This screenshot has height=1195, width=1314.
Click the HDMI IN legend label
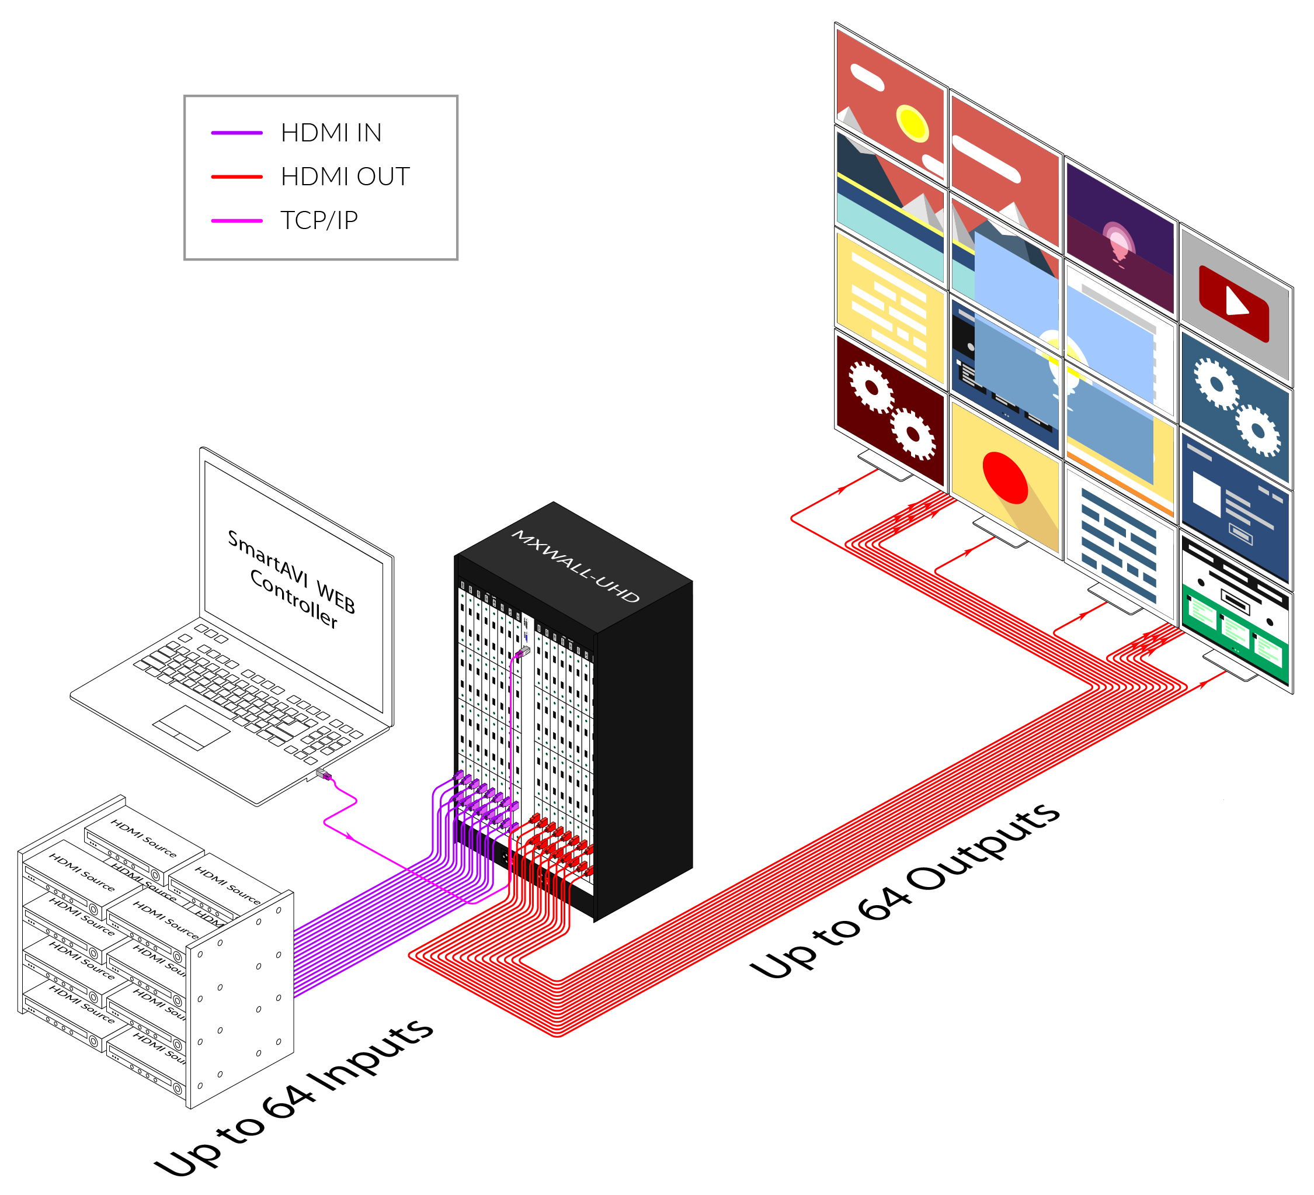tap(331, 133)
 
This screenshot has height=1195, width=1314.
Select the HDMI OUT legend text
tap(345, 177)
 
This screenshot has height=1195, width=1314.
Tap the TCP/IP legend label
tap(319, 220)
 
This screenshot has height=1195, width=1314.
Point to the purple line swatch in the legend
tap(237, 133)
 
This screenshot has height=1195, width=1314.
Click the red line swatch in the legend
tap(237, 177)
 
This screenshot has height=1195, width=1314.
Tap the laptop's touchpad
tap(191, 728)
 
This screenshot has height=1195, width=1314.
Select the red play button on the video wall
tap(1234, 303)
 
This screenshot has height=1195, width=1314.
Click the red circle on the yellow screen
tap(1005, 477)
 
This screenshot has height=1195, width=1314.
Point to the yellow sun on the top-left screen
tap(912, 123)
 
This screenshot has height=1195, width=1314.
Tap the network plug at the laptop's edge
tap(324, 774)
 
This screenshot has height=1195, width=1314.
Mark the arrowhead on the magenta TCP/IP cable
tap(350, 836)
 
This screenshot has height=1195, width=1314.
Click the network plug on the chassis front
tap(523, 651)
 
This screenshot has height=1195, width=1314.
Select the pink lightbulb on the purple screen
tap(1118, 242)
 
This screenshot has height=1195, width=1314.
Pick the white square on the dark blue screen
tap(1207, 493)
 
